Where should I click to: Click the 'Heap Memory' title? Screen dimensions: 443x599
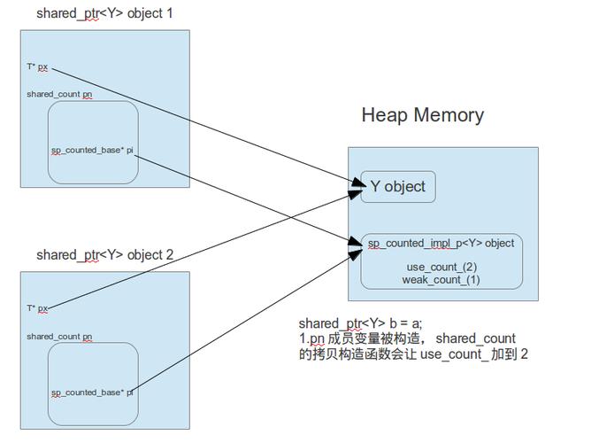(422, 115)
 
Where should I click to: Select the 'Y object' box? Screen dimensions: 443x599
(397, 187)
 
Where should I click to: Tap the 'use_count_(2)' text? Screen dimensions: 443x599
(442, 267)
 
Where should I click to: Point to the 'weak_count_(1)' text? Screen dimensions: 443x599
(442, 280)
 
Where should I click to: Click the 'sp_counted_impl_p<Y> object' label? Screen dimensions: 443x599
(441, 243)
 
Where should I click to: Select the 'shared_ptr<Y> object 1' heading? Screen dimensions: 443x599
(104, 14)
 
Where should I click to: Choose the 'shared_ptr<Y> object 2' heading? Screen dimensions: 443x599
(104, 255)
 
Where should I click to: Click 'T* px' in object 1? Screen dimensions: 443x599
(37, 66)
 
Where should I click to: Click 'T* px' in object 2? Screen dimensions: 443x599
(37, 308)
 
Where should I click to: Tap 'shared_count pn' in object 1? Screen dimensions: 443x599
(59, 94)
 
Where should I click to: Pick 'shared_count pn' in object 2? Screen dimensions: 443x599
(59, 337)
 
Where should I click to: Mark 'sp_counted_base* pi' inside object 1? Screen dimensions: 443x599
(92, 151)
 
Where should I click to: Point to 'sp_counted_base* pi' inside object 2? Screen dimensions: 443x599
(92, 392)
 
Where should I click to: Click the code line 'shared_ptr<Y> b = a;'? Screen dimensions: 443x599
(366, 324)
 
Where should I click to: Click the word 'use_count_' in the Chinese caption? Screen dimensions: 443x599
(452, 354)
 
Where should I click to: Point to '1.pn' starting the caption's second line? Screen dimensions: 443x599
(311, 339)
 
